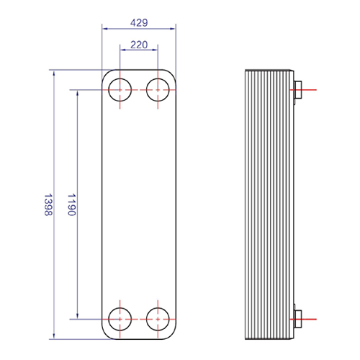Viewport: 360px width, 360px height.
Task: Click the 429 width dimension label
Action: tap(139, 23)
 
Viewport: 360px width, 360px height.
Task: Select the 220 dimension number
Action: tap(139, 45)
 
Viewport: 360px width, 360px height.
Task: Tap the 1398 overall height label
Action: tap(48, 204)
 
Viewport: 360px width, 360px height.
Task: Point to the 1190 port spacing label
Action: tap(72, 204)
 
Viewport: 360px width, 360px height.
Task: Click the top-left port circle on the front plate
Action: tap(120, 78)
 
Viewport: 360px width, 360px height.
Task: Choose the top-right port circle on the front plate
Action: tap(158, 78)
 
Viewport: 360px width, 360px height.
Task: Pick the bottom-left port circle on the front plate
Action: tap(120, 308)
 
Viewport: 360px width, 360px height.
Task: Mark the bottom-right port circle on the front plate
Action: tap(158, 308)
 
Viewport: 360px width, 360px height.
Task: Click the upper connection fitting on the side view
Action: tap(297, 90)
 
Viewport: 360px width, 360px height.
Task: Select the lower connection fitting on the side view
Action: tap(297, 319)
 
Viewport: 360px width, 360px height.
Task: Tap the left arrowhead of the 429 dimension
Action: tap(105, 29)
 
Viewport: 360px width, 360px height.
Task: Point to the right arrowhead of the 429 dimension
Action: tap(173, 29)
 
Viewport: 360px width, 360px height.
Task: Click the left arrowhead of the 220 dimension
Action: tap(123, 50)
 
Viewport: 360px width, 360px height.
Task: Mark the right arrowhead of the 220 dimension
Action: tap(155, 50)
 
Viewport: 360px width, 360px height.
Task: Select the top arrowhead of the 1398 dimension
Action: tap(54, 73)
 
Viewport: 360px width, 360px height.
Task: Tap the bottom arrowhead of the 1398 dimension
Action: tap(54, 336)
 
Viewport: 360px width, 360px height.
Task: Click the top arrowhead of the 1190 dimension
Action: tap(77, 93)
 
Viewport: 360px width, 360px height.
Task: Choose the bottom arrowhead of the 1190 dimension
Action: tap(77, 316)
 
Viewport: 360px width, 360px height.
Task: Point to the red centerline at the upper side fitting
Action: tap(303, 90)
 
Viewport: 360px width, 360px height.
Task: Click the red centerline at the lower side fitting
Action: tap(303, 319)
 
